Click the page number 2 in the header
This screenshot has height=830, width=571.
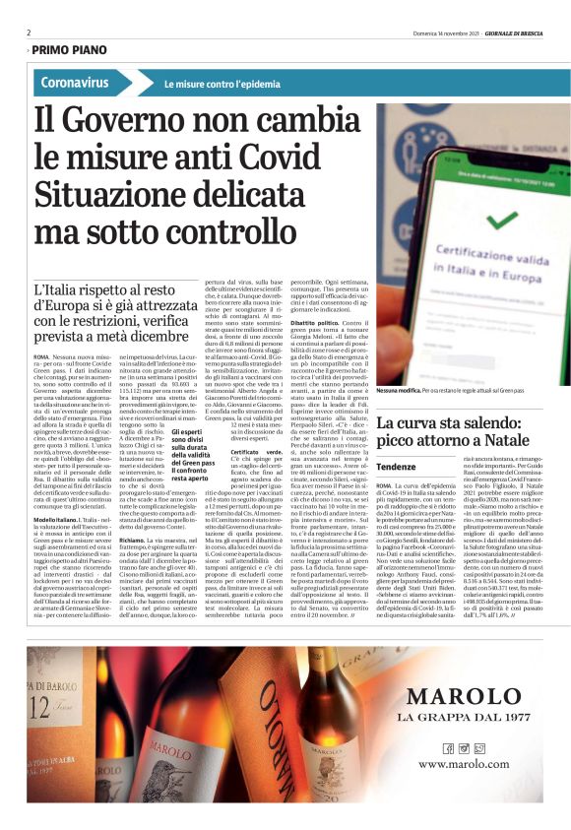pyautogui.click(x=29, y=32)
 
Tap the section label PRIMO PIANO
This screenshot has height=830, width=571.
pyautogui.click(x=69, y=48)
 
